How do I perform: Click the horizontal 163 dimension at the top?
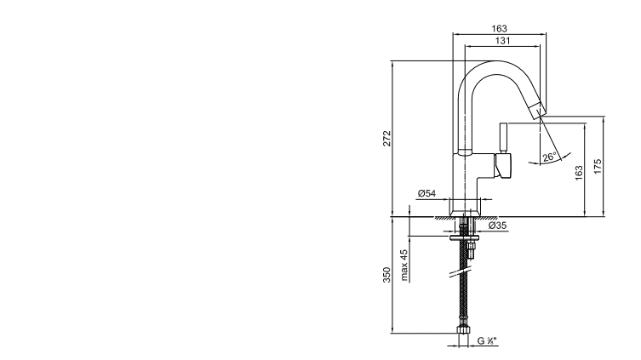(x=499, y=29)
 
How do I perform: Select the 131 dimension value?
(x=503, y=41)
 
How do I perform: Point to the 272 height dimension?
(x=386, y=139)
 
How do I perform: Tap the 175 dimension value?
(x=598, y=167)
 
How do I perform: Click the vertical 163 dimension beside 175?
(x=579, y=174)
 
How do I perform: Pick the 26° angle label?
(x=549, y=157)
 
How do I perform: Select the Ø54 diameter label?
(x=426, y=193)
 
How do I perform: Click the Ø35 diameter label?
(x=497, y=226)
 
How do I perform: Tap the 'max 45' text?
(x=403, y=266)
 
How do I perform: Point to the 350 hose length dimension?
(x=386, y=275)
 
